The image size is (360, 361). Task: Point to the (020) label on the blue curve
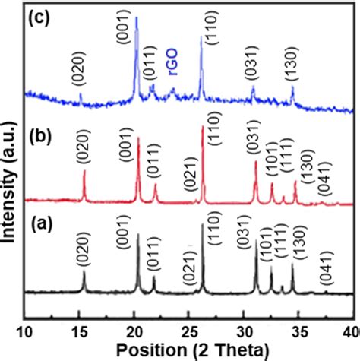click(x=81, y=69)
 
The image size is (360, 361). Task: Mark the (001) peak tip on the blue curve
click(x=137, y=17)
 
